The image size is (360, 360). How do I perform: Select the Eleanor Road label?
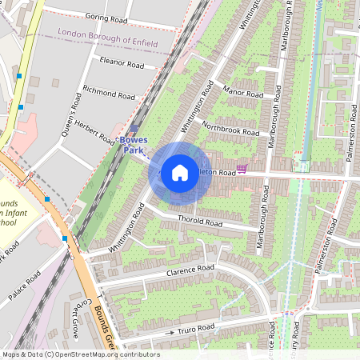[x=122, y=62]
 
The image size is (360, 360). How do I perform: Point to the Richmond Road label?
[x=109, y=94]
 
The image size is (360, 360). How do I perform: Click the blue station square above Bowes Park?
[x=134, y=128]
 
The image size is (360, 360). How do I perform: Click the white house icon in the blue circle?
[x=180, y=172]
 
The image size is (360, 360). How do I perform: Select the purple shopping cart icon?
[x=242, y=170]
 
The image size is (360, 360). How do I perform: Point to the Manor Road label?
[x=242, y=92]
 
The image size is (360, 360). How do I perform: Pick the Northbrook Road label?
[x=230, y=129]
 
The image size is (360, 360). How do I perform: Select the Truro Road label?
[x=197, y=328]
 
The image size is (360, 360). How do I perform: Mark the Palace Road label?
[x=25, y=287]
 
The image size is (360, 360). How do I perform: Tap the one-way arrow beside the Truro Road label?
[x=170, y=331]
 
